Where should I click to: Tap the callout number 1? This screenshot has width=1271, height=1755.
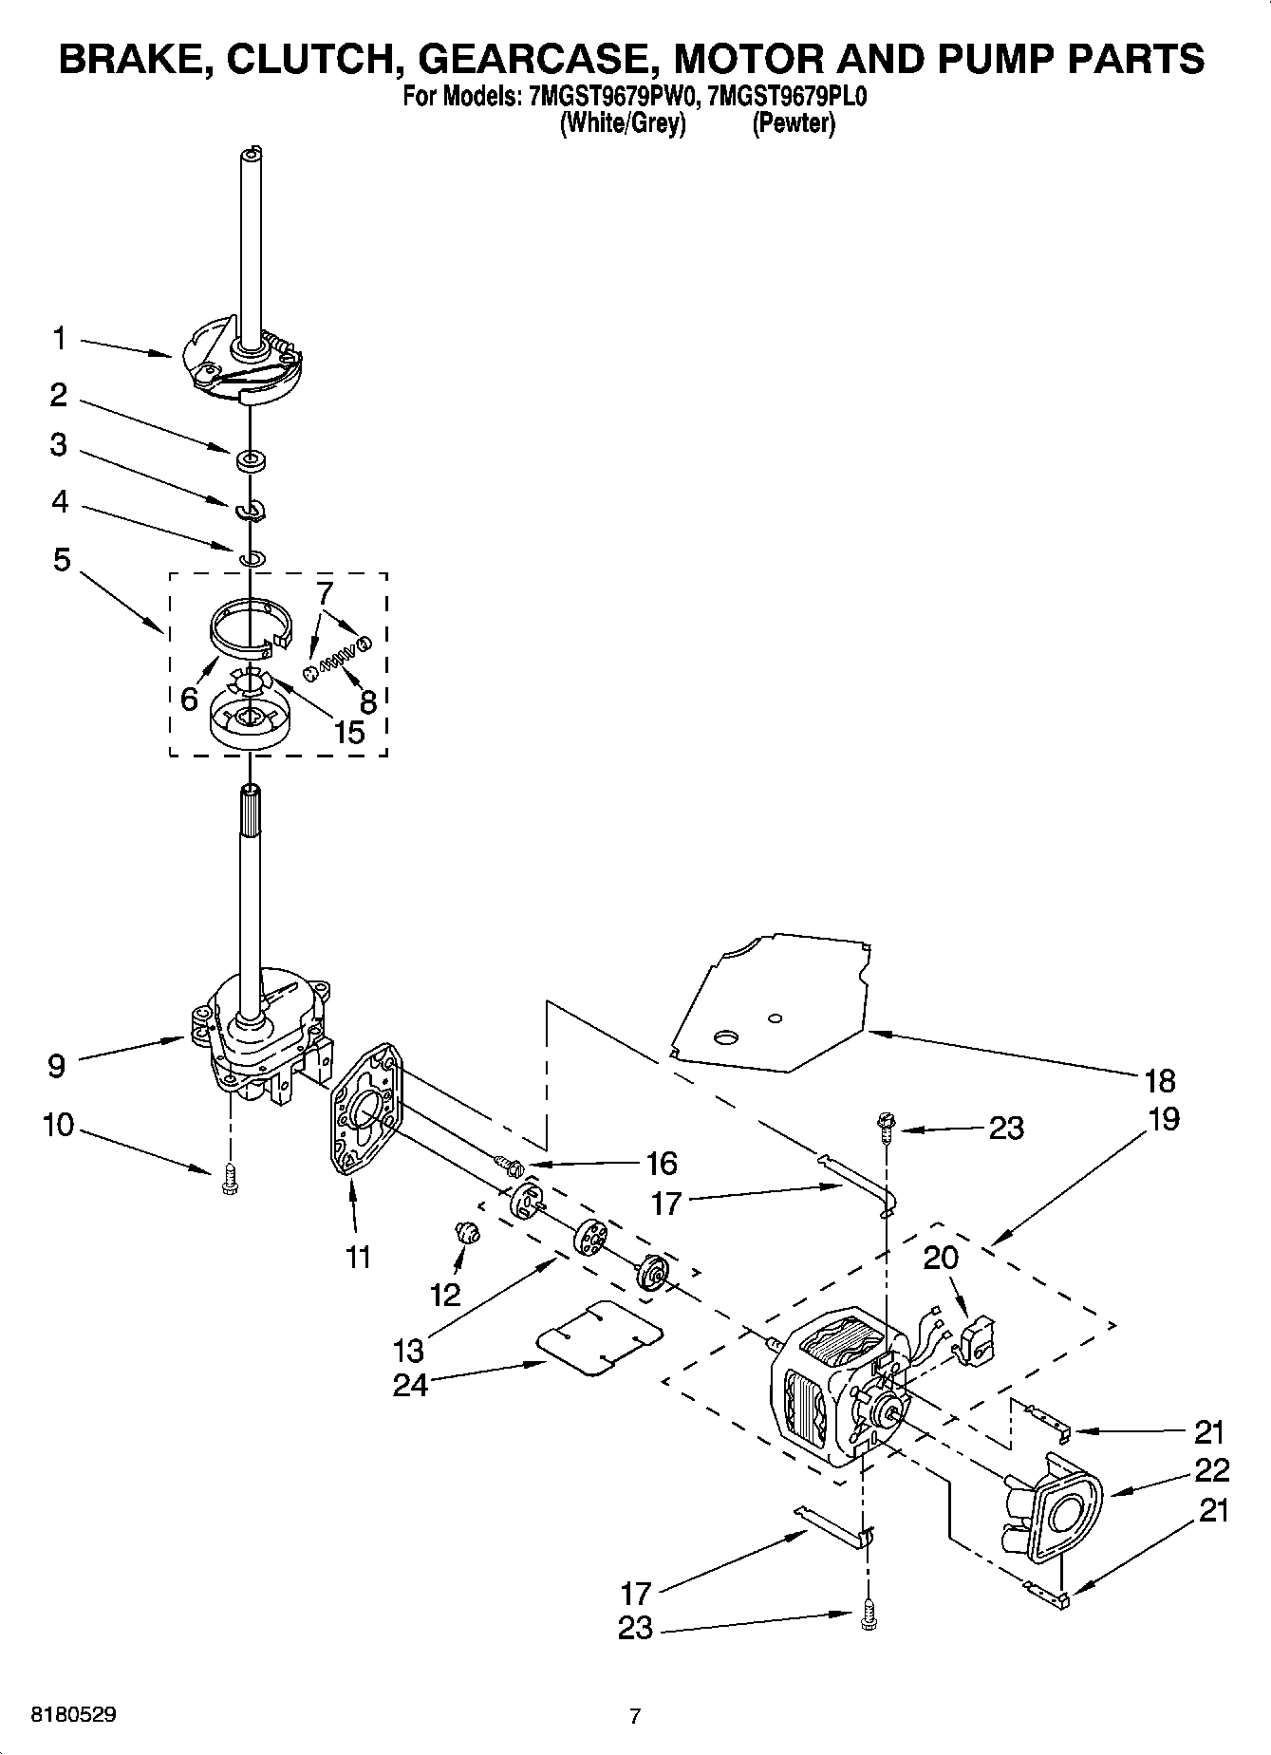tap(60, 338)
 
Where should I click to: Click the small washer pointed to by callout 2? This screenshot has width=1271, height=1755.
tap(252, 461)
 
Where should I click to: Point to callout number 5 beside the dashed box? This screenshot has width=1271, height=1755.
tap(62, 560)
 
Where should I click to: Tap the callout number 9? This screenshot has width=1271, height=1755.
tap(57, 1066)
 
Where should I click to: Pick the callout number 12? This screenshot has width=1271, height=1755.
tap(444, 1293)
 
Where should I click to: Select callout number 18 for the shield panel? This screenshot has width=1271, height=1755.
tap(1160, 1080)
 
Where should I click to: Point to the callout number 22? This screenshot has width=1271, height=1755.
tap(1212, 1470)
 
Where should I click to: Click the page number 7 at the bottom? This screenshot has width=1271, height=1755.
tap(635, 1715)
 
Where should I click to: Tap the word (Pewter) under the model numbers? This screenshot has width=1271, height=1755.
tap(794, 123)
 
